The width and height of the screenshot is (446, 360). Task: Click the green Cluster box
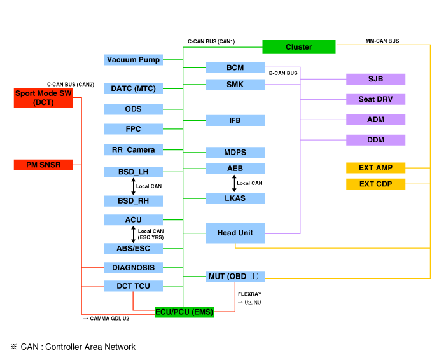point(298,47)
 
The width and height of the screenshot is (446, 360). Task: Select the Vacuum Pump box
point(133,60)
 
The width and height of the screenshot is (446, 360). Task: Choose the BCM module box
point(235,67)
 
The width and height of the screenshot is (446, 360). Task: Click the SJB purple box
point(375,80)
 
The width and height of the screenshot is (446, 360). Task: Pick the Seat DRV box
point(375,100)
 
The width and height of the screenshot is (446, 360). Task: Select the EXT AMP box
point(375,168)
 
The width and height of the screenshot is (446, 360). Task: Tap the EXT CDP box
point(375,184)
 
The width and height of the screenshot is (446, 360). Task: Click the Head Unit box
point(235,233)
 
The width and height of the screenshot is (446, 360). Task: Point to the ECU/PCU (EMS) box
point(185,312)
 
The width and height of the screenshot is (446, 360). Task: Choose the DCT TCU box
point(133,286)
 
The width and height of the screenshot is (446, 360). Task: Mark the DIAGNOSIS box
point(133,268)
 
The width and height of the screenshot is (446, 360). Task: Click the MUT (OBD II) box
point(235,276)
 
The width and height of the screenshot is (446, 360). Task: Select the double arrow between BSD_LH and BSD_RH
point(133,186)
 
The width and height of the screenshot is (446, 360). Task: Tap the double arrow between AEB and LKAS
point(235,183)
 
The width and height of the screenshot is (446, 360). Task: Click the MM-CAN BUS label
point(382,41)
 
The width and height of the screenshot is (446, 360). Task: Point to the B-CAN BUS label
point(283,73)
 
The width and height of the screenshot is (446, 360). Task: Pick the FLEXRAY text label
point(249,294)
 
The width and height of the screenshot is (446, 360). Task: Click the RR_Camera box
point(133,150)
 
